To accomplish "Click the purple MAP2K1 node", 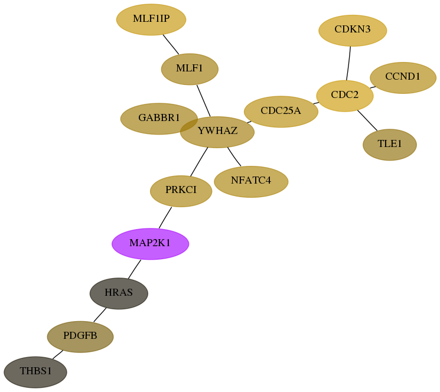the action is pyautogui.click(x=151, y=244).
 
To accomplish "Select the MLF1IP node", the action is pyautogui.click(x=151, y=19).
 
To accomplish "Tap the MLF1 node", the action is pyautogui.click(x=190, y=69).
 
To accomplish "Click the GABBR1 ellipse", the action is pyautogui.click(x=159, y=119).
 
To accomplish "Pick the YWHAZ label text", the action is pyautogui.click(x=217, y=130).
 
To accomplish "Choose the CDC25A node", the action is pyautogui.click(x=281, y=112).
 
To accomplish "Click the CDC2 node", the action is pyautogui.click(x=345, y=96).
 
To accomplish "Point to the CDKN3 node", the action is pyautogui.click(x=353, y=30).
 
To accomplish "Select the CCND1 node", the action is pyautogui.click(x=403, y=78).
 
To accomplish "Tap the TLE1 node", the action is pyautogui.click(x=390, y=145).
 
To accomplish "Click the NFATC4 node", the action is pyautogui.click(x=251, y=182).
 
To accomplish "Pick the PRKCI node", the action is pyautogui.click(x=181, y=191).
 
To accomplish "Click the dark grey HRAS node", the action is pyautogui.click(x=119, y=293).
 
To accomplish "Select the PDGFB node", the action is pyautogui.click(x=80, y=337).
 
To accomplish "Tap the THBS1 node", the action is pyautogui.click(x=35, y=372).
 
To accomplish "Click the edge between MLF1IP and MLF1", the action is pyautogui.click(x=171, y=44).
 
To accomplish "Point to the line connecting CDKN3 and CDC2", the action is pyautogui.click(x=348, y=63).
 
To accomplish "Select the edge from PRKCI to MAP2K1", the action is pyautogui.click(x=165, y=218).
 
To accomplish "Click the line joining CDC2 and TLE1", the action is pyautogui.click(x=367, y=120).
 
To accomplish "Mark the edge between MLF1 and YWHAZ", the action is pyautogui.click(x=203, y=101).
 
